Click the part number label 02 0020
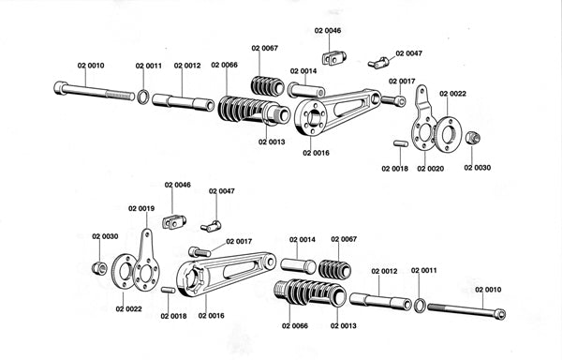(430, 169)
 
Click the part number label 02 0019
(141, 208)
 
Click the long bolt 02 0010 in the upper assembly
(95, 92)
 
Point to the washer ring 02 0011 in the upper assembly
(143, 97)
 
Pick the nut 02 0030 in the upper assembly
(473, 138)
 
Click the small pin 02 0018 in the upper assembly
(400, 143)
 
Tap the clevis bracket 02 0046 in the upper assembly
(334, 58)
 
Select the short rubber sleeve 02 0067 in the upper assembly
(269, 86)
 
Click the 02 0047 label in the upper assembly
(409, 53)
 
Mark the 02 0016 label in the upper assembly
(316, 153)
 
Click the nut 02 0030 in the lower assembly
(99, 268)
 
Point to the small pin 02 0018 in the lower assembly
(168, 290)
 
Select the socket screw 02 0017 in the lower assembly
(200, 252)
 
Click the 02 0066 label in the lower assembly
(295, 325)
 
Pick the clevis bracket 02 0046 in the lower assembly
(174, 222)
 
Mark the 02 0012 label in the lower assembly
(384, 271)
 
